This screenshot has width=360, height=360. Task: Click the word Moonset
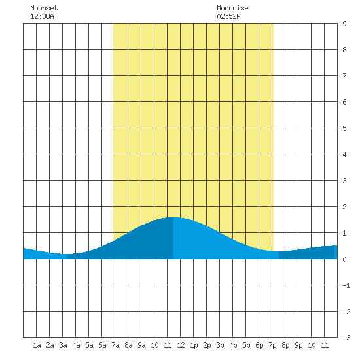point(44,8)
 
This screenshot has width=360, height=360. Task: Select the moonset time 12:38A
point(42,16)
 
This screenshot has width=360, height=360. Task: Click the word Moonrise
point(232,8)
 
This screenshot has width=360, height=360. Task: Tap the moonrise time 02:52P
point(228,16)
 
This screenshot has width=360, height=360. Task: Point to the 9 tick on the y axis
point(344,24)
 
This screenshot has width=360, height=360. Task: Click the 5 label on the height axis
point(344,128)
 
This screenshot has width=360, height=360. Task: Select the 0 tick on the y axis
point(344,259)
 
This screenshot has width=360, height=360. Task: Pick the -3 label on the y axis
point(346,338)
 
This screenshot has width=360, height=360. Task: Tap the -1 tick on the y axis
point(346,285)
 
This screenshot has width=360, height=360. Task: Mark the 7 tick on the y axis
point(344,76)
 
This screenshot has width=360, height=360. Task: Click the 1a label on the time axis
point(37,345)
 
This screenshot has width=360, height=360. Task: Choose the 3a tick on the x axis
point(63,345)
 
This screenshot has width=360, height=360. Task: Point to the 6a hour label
point(102,345)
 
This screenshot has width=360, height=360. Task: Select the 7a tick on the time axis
point(115,345)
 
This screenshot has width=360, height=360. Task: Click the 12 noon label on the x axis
point(181,345)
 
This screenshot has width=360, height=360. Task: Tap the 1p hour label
point(194,345)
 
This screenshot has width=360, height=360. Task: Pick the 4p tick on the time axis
point(233,345)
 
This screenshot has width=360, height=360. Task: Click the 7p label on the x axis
point(272,345)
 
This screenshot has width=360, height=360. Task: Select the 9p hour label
point(298,345)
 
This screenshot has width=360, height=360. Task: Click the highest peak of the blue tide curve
point(173,217)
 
